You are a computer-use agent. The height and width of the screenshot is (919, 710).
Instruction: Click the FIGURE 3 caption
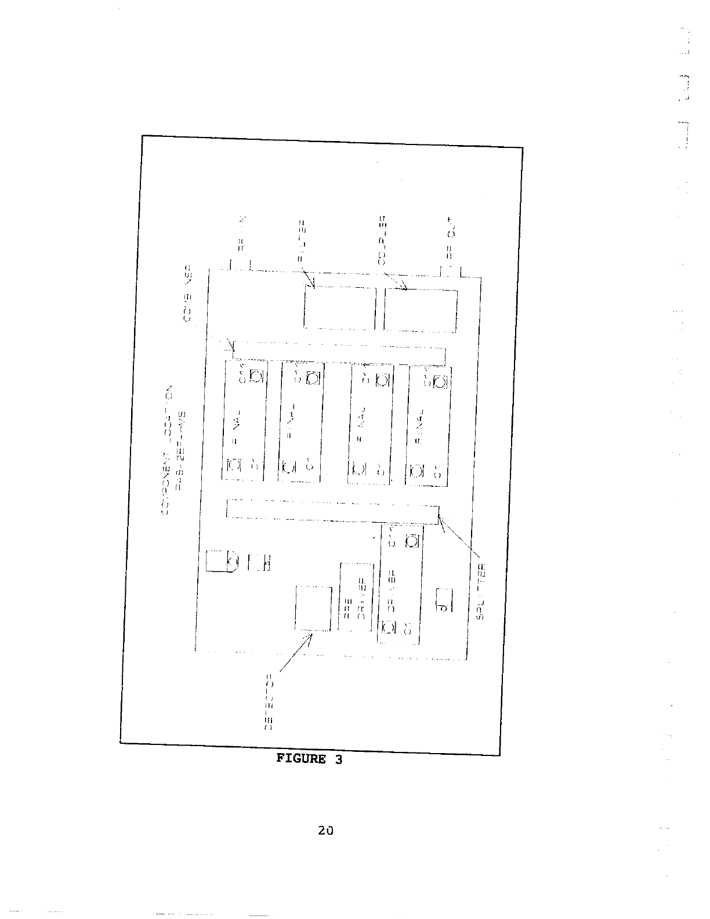click(309, 759)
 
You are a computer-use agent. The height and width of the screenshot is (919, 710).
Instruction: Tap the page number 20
click(325, 830)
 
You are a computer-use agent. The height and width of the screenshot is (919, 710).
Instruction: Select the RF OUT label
click(451, 238)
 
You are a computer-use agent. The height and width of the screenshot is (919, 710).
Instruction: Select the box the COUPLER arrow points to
click(421, 310)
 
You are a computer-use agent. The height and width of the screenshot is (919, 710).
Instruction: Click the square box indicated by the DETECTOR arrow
click(313, 608)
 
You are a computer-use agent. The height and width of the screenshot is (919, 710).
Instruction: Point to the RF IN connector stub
click(240, 265)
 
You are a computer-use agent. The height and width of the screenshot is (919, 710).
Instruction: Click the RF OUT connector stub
click(451, 270)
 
